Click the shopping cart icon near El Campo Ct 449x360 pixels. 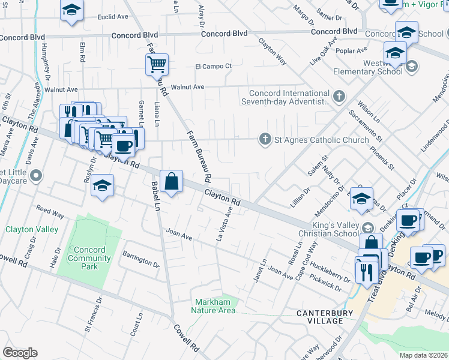157,64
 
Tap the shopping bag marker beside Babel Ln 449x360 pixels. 172,181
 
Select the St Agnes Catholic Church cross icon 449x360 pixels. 264,140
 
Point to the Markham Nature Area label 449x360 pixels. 213,306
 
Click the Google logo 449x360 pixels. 20,353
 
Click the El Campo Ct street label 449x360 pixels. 213,67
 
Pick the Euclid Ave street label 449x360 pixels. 114,17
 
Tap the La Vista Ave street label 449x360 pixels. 224,224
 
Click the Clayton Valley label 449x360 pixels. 32,229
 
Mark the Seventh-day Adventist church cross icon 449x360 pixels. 339,95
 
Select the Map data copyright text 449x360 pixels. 423,355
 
